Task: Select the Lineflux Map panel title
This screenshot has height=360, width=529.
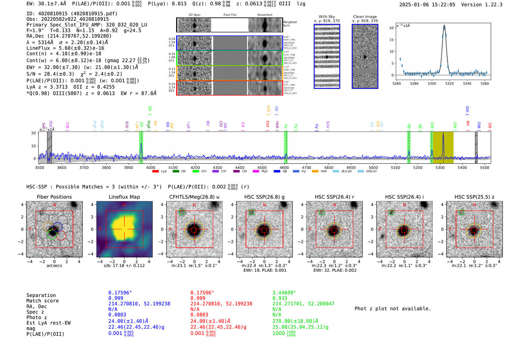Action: click(x=124, y=197)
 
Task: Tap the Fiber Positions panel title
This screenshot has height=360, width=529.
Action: click(x=54, y=197)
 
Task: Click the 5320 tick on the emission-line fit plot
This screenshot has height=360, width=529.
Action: click(x=449, y=83)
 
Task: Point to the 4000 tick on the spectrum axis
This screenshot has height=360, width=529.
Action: click(x=151, y=168)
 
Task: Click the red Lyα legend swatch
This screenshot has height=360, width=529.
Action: click(x=155, y=172)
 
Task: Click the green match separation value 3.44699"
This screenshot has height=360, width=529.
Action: click(x=284, y=293)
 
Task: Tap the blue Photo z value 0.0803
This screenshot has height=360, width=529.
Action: click(x=117, y=315)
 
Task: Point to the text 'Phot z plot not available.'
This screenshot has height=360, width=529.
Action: click(x=393, y=309)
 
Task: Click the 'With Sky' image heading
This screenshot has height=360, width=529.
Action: click(x=326, y=17)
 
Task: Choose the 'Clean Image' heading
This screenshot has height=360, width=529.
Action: click(x=365, y=17)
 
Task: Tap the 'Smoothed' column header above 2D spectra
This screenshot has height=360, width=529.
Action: click(x=264, y=15)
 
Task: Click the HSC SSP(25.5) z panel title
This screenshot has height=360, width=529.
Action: click(x=474, y=197)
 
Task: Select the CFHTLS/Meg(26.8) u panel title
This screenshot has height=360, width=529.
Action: click(x=194, y=197)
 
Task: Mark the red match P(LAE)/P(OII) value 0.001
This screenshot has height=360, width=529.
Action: click(x=197, y=333)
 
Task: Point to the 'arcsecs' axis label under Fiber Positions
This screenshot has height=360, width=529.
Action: click(x=54, y=266)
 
